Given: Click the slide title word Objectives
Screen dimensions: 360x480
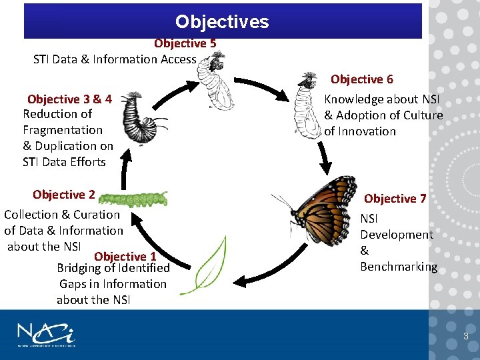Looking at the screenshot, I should pyautogui.click(x=222, y=22).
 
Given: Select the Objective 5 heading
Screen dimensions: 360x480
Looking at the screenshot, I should pyautogui.click(x=185, y=43).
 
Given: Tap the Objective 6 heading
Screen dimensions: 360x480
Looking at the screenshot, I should pyautogui.click(x=361, y=79).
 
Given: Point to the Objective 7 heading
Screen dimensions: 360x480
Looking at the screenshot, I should pyautogui.click(x=395, y=199).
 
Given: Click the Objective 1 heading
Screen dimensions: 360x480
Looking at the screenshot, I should pyautogui.click(x=125, y=256).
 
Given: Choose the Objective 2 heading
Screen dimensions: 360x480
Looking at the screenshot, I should pyautogui.click(x=63, y=195).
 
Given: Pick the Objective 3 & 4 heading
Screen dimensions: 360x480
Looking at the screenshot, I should pyautogui.click(x=69, y=99).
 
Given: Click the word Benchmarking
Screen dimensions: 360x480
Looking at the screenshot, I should pyautogui.click(x=399, y=267).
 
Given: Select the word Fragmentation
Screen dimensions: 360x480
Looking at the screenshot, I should pyautogui.click(x=63, y=130).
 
